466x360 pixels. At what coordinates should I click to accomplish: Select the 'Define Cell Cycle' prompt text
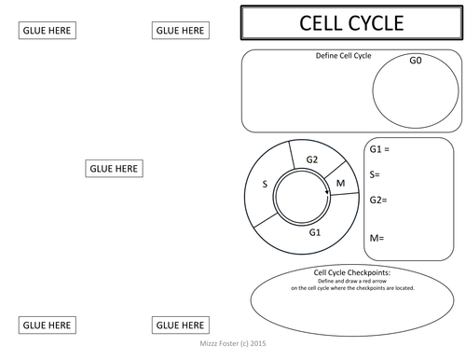coord(344,56)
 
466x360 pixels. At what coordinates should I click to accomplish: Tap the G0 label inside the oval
coord(416,60)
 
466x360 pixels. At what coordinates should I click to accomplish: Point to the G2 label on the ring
coord(312,159)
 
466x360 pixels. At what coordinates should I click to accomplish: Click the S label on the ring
coord(265,185)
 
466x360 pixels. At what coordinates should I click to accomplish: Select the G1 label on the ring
coord(315,232)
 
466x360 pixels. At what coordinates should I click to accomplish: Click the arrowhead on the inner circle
coord(327,194)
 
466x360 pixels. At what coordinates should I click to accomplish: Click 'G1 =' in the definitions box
coord(379,150)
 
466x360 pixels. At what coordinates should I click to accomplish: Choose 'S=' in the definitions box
coord(376,174)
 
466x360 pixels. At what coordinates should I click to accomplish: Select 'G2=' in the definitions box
coord(378,200)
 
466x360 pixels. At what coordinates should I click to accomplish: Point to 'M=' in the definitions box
coord(377,238)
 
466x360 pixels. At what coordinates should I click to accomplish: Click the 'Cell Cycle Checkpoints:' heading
coord(352,272)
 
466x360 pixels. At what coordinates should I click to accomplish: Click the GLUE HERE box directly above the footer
coord(180,325)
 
